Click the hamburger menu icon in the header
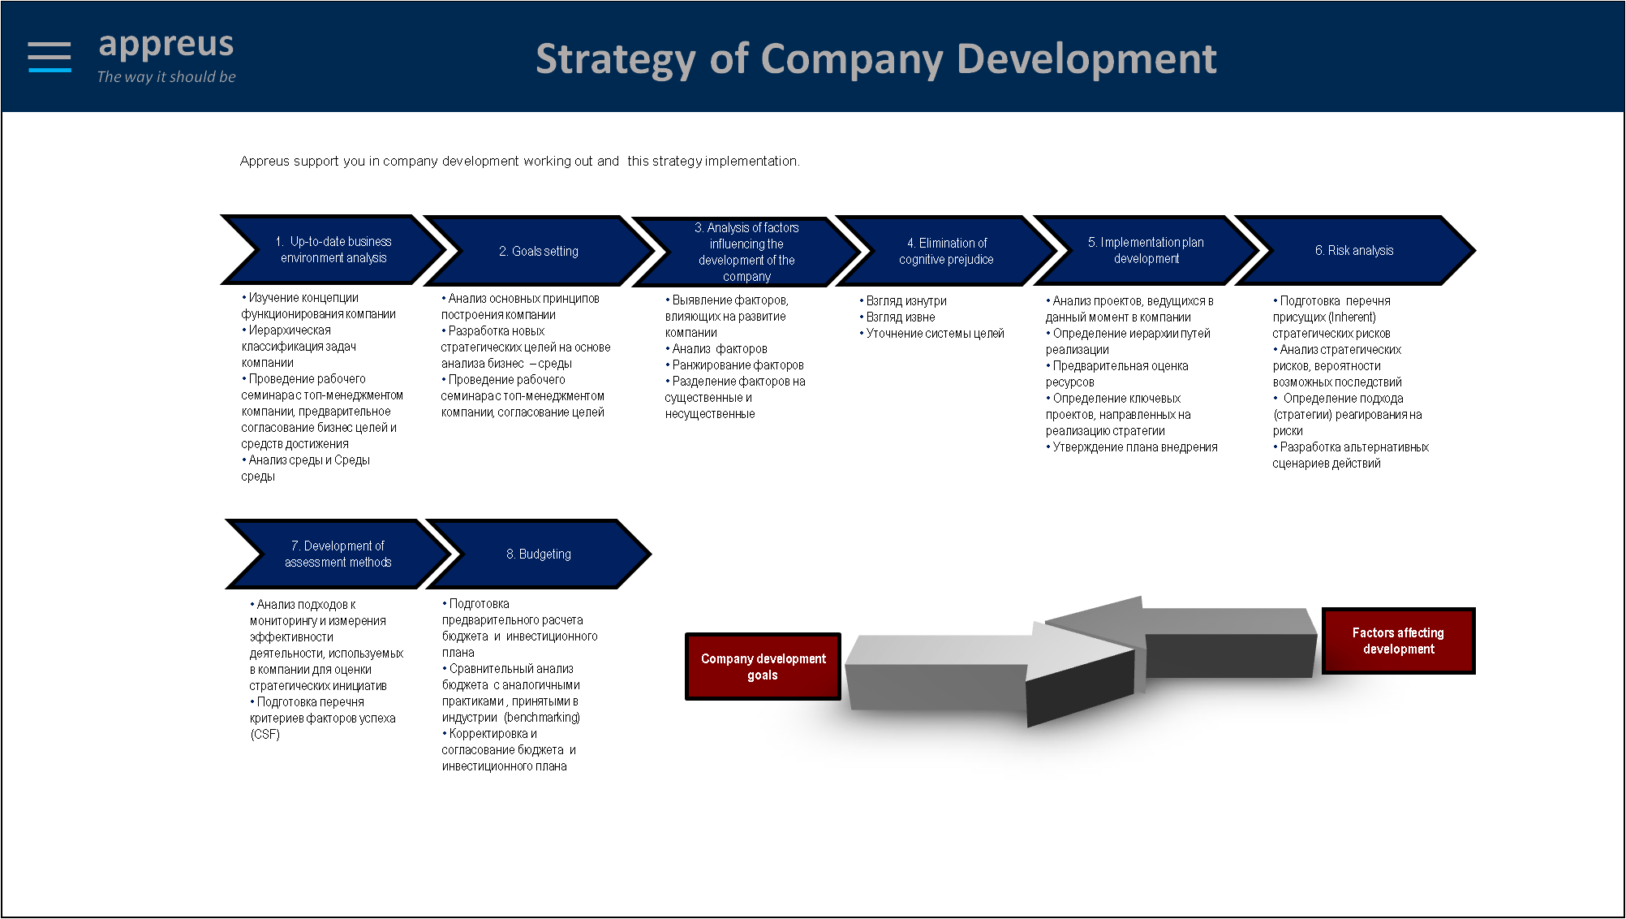(x=49, y=57)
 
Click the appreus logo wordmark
(x=166, y=45)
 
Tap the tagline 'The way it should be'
(x=166, y=77)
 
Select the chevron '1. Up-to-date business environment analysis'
(x=333, y=250)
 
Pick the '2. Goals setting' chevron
(x=538, y=251)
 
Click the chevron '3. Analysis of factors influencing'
(x=746, y=252)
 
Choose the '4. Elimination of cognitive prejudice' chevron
(x=946, y=251)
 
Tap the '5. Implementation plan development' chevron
(x=1146, y=250)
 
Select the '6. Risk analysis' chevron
(x=1354, y=250)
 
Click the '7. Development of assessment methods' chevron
(x=338, y=554)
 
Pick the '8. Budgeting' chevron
(x=538, y=554)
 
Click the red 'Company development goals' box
(x=763, y=667)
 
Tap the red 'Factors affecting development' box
(x=1398, y=641)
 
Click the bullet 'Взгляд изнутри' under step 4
(x=903, y=301)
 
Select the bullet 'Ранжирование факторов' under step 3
(x=735, y=365)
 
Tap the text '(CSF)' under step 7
(x=265, y=735)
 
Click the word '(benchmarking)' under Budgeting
(x=542, y=718)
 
